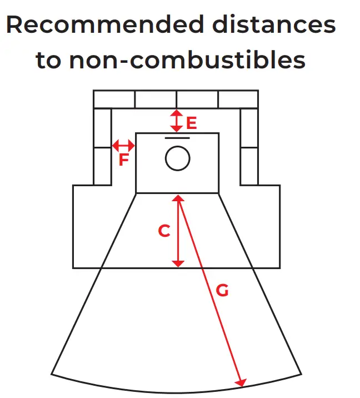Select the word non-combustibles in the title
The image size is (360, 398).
[187, 60]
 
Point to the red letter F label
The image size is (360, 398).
[124, 161]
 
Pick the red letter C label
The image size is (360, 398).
[164, 231]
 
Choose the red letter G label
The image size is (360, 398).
[222, 290]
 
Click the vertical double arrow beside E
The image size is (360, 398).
[176, 120]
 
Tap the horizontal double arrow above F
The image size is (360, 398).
[123, 146]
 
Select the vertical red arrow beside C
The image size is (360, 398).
[178, 231]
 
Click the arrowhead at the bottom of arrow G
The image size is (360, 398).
[241, 382]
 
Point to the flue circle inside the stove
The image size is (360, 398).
[177, 158]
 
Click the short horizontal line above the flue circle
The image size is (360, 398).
[177, 137]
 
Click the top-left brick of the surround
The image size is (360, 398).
[114, 99]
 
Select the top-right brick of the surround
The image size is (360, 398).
[238, 99]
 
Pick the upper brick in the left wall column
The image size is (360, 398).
[102, 127]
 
